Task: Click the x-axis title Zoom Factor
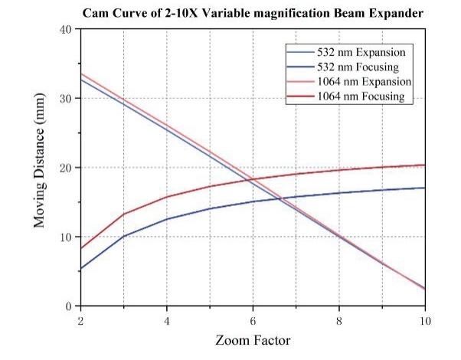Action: (x=253, y=339)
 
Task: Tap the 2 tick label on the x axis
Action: (x=80, y=319)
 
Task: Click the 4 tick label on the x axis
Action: (x=167, y=319)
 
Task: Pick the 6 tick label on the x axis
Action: (x=253, y=319)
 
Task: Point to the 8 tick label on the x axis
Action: (x=339, y=319)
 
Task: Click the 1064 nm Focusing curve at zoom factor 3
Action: (x=123, y=214)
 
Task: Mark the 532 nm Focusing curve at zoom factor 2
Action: (x=81, y=269)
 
